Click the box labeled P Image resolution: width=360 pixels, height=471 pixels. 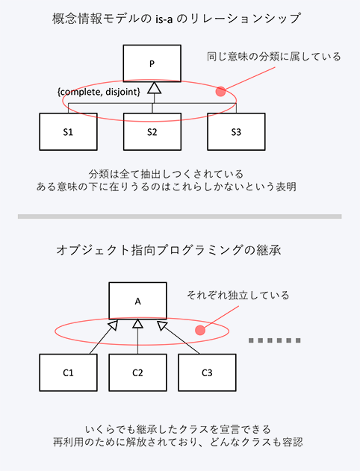coord(152,63)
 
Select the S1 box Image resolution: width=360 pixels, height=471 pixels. coord(68,131)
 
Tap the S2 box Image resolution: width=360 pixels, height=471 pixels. coord(152,131)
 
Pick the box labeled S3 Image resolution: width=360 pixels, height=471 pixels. coord(236,131)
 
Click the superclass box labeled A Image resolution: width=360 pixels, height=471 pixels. coord(137,301)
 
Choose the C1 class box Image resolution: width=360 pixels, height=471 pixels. coord(68,372)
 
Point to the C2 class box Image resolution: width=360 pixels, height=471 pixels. coord(137,372)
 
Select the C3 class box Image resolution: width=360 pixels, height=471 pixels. coord(207,372)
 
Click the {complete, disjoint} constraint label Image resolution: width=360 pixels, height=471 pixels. coord(99,92)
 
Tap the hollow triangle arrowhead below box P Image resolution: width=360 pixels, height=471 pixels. coord(154,88)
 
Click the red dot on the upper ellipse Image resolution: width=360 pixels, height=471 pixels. coord(220,91)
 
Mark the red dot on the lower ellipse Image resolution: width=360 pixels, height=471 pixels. coord(200,330)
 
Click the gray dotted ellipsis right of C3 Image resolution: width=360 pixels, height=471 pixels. coord(275,340)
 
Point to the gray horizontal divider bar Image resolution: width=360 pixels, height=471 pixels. coord(180,216)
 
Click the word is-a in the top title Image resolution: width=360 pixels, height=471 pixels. coord(164,19)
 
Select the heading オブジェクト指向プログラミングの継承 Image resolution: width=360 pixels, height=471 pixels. coord(169,250)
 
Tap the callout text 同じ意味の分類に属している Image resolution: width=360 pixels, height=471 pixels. coord(274,57)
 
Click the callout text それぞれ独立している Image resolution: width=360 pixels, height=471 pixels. coord(238,295)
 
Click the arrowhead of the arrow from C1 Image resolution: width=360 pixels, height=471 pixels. coord(114,325)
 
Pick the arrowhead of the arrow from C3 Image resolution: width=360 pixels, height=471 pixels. coord(161,325)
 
